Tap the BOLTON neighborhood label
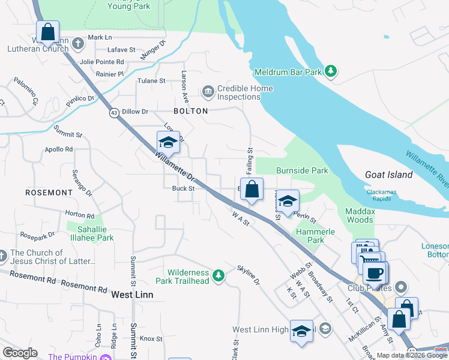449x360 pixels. [190, 111]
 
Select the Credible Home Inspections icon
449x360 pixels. [208, 92]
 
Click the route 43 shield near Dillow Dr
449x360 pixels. [113, 112]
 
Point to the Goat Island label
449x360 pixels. [389, 175]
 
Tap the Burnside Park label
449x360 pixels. [302, 170]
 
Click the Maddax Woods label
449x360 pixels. [359, 215]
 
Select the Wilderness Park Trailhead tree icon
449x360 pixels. [220, 275]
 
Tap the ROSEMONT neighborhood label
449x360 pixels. [49, 193]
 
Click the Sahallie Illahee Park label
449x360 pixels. [90, 233]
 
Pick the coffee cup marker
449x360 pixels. [375, 273]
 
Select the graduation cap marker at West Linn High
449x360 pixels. [302, 331]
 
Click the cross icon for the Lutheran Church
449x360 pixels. [78, 44]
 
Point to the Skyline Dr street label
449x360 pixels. [249, 274]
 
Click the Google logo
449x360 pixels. [20, 353]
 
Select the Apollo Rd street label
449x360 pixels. [58, 149]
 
